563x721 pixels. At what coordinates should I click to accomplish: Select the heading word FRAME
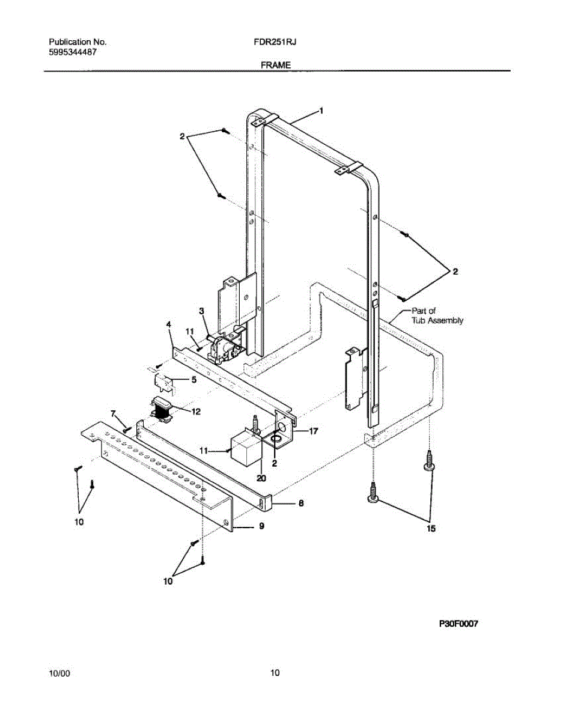[276, 65]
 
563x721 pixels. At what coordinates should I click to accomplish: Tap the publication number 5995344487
[73, 52]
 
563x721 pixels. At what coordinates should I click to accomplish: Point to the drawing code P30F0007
[458, 624]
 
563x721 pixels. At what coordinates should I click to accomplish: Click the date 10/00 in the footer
[59, 673]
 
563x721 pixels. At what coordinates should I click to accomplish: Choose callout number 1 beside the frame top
[321, 111]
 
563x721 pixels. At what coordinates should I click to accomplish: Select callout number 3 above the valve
[202, 311]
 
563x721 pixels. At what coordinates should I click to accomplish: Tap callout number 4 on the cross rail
[169, 324]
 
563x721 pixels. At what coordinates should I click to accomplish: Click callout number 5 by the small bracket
[194, 380]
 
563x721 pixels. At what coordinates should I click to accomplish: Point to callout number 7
[112, 413]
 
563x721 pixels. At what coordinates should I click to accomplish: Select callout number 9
[261, 526]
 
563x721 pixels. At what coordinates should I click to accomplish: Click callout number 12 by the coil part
[195, 412]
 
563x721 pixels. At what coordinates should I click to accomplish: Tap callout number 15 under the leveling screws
[430, 529]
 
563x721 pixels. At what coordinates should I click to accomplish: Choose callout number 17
[313, 431]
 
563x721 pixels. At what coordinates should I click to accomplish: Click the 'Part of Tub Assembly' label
[437, 315]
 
